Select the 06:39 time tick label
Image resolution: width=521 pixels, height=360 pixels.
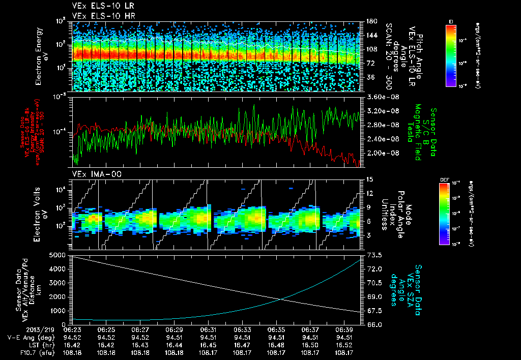(344, 330)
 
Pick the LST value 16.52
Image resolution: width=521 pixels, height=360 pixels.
(344, 344)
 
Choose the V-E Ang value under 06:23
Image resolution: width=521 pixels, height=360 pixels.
(72, 337)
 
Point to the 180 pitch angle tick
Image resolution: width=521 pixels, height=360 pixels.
(370, 21)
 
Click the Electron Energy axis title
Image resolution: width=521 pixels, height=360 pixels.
(40, 56)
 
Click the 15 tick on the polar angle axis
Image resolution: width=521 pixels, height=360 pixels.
(370, 179)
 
